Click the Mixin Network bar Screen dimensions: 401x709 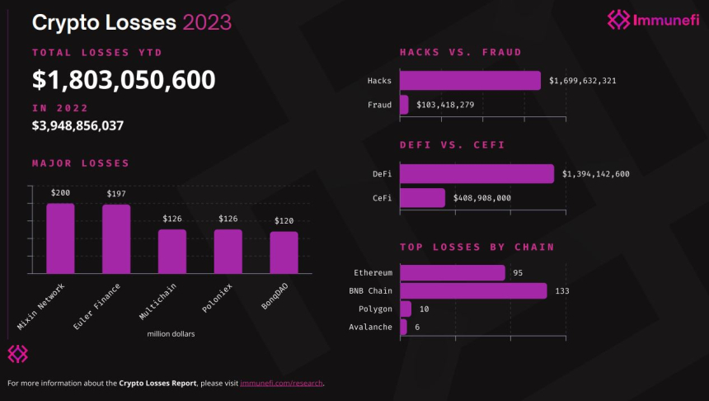pyautogui.click(x=60, y=238)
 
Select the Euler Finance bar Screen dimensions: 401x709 pyautogui.click(x=116, y=239)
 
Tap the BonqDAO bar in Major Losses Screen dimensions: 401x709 pyautogui.click(x=284, y=252)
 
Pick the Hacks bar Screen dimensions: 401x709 pyautogui.click(x=470, y=81)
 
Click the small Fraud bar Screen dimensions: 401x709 pyautogui.click(x=404, y=105)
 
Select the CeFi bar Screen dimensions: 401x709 pyautogui.click(x=422, y=198)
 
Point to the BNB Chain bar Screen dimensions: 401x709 pyautogui.click(x=473, y=290)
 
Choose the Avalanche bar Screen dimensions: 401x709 pyautogui.click(x=403, y=328)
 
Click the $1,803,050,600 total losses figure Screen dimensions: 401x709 pyautogui.click(x=124, y=80)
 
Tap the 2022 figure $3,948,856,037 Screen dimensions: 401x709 pyautogui.click(x=77, y=126)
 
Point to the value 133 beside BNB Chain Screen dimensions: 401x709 pyautogui.click(x=562, y=291)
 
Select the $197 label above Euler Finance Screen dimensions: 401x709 pyautogui.click(x=116, y=194)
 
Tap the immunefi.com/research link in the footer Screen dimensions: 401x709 pyautogui.click(x=281, y=383)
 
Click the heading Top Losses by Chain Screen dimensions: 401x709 pyautogui.click(x=477, y=247)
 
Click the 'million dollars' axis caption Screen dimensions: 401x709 pyautogui.click(x=171, y=334)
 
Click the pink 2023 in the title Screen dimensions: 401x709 pyautogui.click(x=207, y=21)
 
